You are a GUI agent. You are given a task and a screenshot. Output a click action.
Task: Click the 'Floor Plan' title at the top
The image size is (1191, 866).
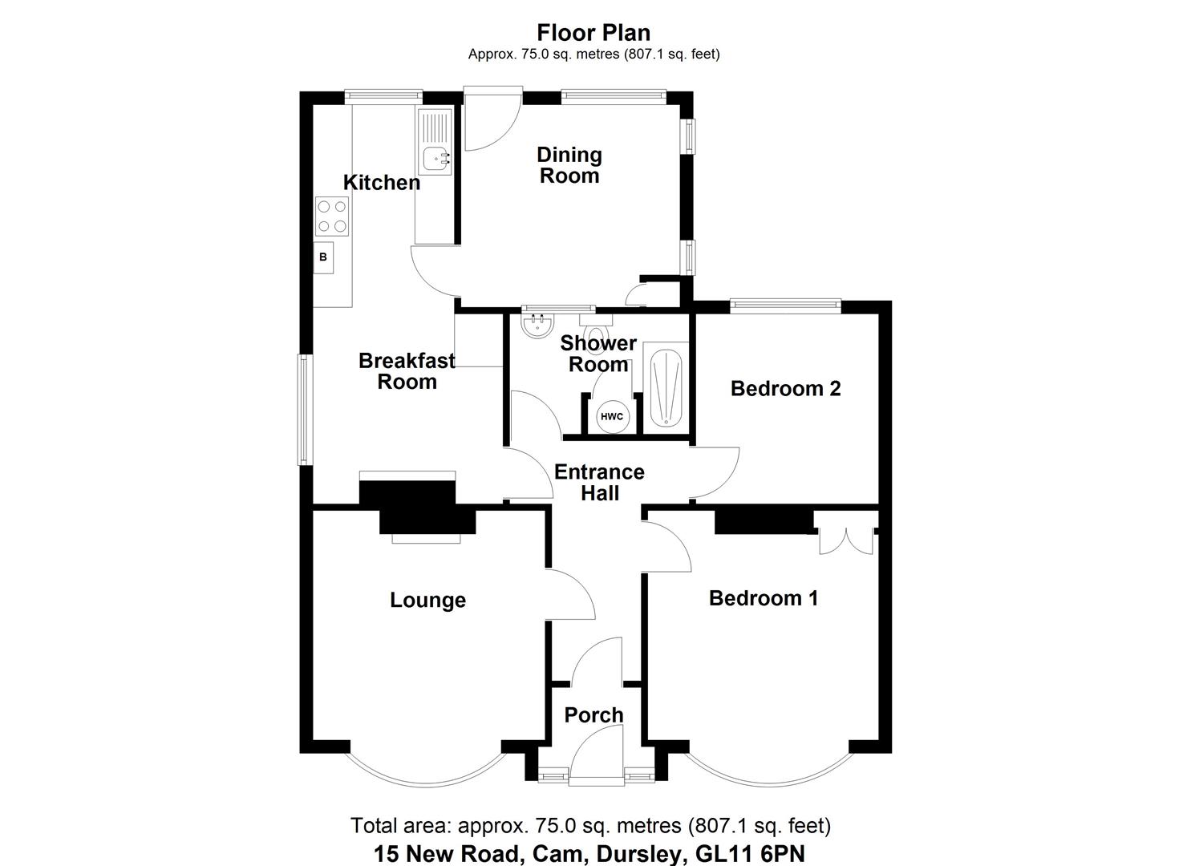tap(593, 33)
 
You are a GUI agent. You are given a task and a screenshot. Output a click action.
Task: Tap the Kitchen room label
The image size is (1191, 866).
tap(382, 183)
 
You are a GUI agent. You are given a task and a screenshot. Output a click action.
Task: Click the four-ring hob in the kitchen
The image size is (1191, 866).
tap(333, 216)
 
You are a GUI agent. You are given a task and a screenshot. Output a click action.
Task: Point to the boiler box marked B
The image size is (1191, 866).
tap(323, 257)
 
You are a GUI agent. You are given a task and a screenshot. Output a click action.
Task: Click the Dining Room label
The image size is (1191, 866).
tap(569, 165)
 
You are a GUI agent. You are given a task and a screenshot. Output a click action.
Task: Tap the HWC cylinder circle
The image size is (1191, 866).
tap(612, 416)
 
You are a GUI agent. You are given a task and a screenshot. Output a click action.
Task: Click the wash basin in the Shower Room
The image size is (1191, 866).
tap(537, 325)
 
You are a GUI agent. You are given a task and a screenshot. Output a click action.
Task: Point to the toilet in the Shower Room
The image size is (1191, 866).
tap(597, 330)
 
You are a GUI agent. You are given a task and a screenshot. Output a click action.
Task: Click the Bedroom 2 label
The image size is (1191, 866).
tap(785, 389)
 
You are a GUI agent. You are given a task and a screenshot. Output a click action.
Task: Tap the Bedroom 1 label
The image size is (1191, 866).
tap(764, 598)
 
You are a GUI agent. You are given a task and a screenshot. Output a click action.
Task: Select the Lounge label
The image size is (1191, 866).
tap(427, 601)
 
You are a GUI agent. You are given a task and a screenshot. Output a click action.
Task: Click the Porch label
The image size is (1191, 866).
tap(593, 714)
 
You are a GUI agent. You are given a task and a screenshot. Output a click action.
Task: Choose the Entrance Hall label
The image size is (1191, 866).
tap(599, 483)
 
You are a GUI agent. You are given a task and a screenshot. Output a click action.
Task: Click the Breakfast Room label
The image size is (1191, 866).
tap(407, 371)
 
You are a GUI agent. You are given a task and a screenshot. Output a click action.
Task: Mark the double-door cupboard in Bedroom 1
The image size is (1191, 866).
tap(846, 540)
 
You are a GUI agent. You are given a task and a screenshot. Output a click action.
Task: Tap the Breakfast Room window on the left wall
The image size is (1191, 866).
tap(305, 410)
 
